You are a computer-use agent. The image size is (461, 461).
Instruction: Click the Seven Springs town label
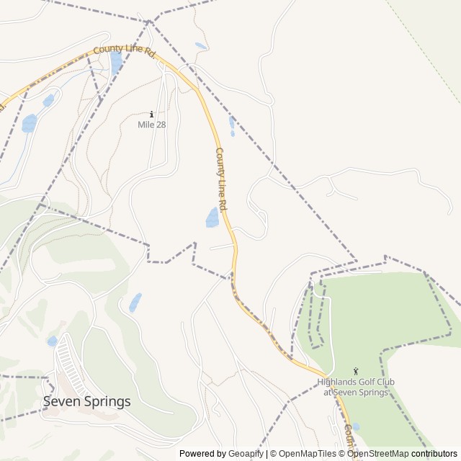[87, 401]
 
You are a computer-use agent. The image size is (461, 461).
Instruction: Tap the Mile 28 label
[151, 125]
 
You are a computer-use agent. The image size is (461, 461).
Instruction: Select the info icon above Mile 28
[151, 114]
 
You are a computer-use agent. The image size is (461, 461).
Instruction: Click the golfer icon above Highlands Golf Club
[355, 371]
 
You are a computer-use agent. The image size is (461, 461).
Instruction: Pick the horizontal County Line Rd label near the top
[125, 51]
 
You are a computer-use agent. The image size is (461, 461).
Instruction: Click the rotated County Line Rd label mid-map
[222, 179]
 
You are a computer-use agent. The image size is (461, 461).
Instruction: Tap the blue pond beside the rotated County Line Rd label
[212, 217]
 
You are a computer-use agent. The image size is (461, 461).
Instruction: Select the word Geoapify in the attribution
[246, 454]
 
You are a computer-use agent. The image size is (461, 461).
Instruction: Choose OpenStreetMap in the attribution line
[378, 454]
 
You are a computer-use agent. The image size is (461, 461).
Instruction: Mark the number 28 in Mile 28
[160, 125]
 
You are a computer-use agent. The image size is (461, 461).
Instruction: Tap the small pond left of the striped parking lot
[52, 341]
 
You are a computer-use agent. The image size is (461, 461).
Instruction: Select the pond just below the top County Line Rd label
[115, 64]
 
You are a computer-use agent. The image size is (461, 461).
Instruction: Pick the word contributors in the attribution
[434, 454]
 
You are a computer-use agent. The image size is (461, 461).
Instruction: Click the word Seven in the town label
[60, 401]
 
